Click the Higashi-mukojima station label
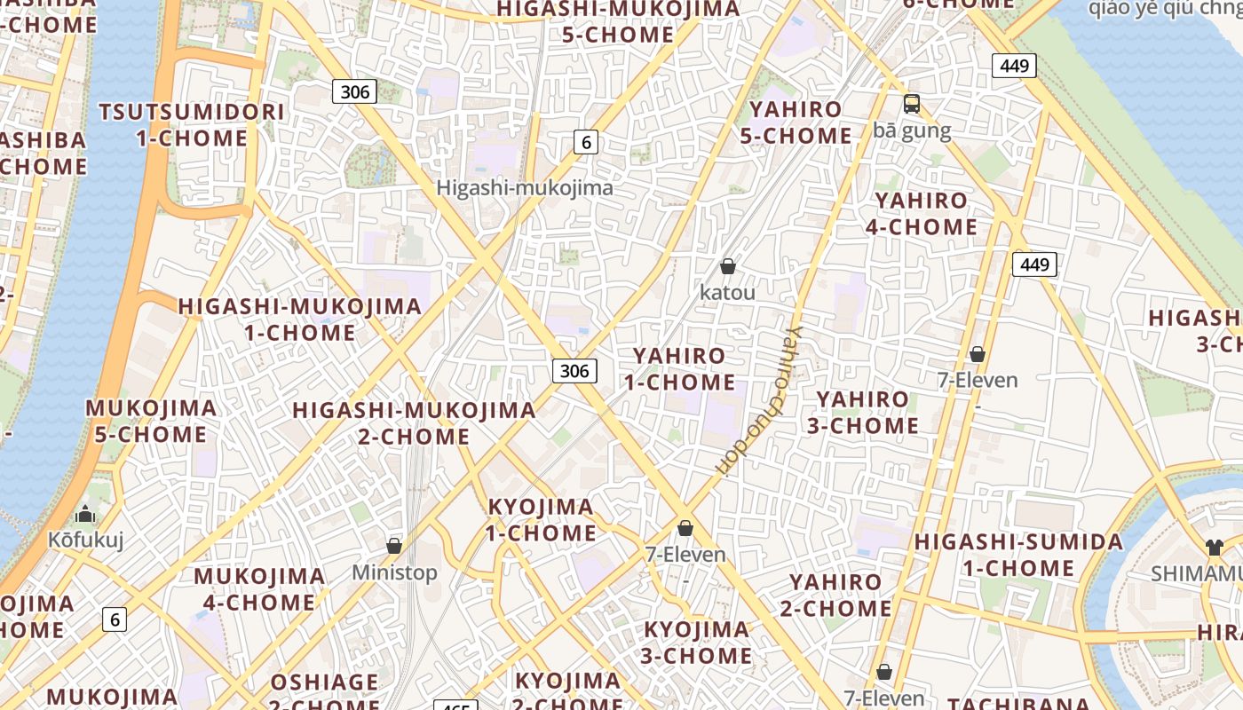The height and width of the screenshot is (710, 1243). pyautogui.click(x=525, y=188)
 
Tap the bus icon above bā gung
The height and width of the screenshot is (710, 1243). pyautogui.click(x=912, y=104)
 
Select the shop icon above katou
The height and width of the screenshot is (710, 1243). pyautogui.click(x=728, y=266)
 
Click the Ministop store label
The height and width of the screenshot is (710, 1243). pyautogui.click(x=395, y=572)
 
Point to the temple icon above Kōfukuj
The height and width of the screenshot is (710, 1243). pyautogui.click(x=85, y=514)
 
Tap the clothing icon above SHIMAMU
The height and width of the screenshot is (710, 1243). pyautogui.click(x=1215, y=547)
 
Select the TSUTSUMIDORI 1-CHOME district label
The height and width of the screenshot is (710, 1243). pyautogui.click(x=192, y=125)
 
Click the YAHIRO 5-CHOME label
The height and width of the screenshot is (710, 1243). pyautogui.click(x=796, y=122)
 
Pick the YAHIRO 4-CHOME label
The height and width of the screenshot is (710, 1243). pyautogui.click(x=922, y=214)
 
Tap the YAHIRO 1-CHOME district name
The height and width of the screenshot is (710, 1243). pyautogui.click(x=679, y=369)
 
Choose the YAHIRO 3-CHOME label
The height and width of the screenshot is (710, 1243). pyautogui.click(x=863, y=413)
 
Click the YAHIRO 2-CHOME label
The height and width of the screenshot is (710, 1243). pyautogui.click(x=835, y=596)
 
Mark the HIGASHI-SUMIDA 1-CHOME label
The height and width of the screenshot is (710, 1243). pyautogui.click(x=1019, y=555)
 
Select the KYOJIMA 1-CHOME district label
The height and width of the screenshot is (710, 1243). pyautogui.click(x=542, y=520)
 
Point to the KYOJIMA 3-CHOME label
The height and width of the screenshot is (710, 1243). pyautogui.click(x=697, y=643)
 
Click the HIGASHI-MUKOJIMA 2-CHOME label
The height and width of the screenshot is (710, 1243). pyautogui.click(x=414, y=423)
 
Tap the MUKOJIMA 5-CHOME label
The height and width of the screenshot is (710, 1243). pyautogui.click(x=151, y=422)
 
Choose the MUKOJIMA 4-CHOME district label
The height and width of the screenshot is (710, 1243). pyautogui.click(x=259, y=589)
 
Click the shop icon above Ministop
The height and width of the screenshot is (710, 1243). pyautogui.click(x=394, y=545)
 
